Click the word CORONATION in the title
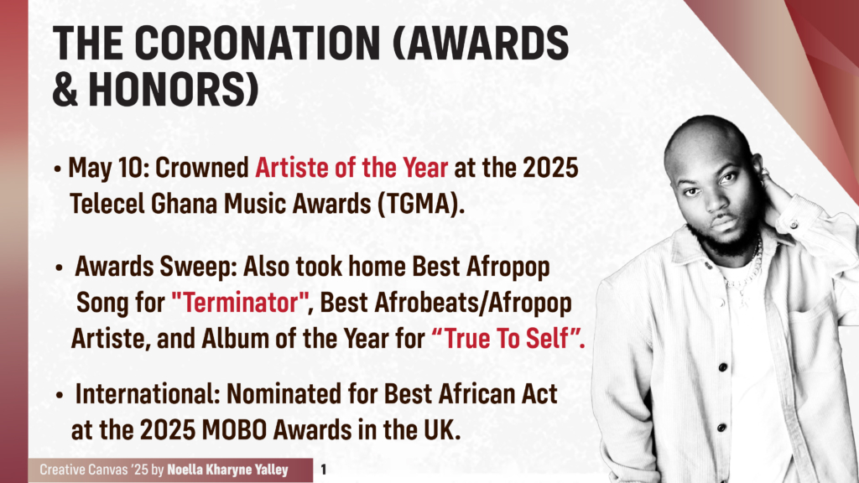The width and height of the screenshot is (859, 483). [x=258, y=43]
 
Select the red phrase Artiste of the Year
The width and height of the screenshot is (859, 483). [x=351, y=168]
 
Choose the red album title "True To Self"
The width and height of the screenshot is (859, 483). [x=508, y=339]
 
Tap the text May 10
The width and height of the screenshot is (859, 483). [x=107, y=168]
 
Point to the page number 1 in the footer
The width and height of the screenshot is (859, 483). [x=323, y=470]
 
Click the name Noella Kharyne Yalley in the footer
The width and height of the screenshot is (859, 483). [x=227, y=470]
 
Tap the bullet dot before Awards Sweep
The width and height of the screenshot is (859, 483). [x=60, y=268]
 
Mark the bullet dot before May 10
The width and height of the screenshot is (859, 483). [x=58, y=169]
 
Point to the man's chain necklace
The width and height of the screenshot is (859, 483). [x=746, y=271]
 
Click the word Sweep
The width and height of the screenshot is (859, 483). [x=198, y=267]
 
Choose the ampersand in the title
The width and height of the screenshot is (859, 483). [x=65, y=89]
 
